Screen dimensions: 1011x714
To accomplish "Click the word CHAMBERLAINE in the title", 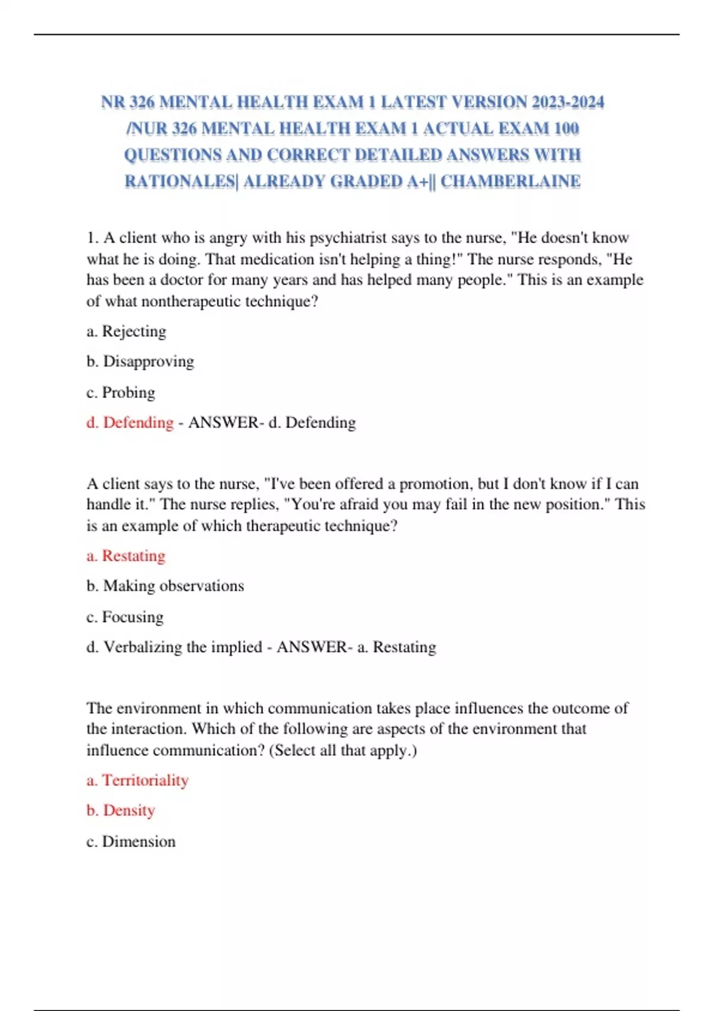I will click(x=510, y=181).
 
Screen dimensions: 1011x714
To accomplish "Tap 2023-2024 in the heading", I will click(x=568, y=102).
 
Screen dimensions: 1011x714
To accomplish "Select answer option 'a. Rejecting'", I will click(x=126, y=331).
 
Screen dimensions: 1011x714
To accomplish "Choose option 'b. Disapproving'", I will click(x=140, y=362).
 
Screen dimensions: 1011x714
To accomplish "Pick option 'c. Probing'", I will click(x=121, y=393).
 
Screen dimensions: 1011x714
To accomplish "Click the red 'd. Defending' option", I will click(x=130, y=423).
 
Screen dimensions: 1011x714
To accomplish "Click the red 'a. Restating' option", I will click(x=126, y=556).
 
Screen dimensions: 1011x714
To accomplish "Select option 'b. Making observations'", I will click(x=165, y=586).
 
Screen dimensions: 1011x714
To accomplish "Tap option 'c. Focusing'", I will click(x=125, y=617).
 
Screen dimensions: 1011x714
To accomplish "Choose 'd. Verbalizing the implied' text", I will click(x=174, y=647).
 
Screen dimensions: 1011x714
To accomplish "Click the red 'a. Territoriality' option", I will click(x=137, y=780).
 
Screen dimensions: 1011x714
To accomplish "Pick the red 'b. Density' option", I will click(x=121, y=811).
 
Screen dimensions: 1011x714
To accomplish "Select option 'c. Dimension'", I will click(x=131, y=842).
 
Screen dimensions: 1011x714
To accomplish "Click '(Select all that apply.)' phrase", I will click(x=343, y=751).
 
